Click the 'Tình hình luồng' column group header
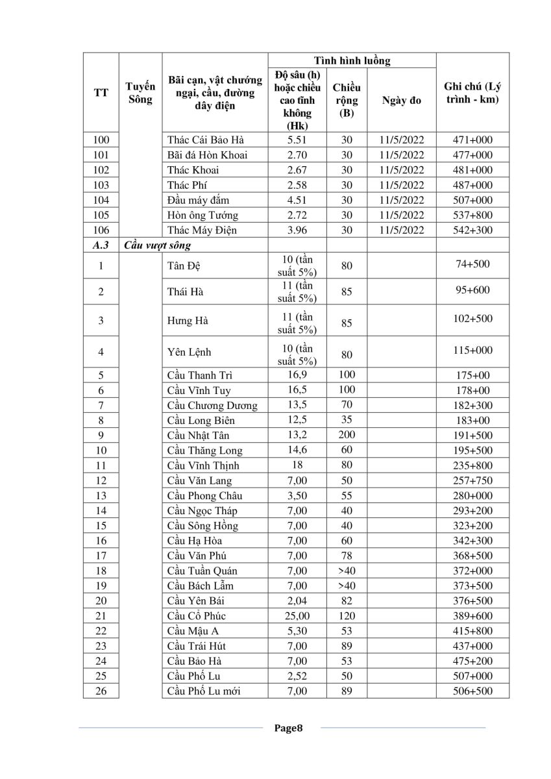(x=352, y=60)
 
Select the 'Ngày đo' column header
(x=401, y=100)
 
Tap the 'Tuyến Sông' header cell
(x=140, y=93)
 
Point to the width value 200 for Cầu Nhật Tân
(x=347, y=435)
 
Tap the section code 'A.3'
(x=101, y=245)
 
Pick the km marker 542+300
(x=472, y=230)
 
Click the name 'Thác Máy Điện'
(x=202, y=230)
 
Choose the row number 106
(x=101, y=230)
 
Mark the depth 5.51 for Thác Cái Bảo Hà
(x=296, y=140)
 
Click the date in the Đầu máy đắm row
(x=401, y=200)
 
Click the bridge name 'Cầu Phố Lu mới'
(x=204, y=691)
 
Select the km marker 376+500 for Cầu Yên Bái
(x=472, y=600)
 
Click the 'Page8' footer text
(x=288, y=728)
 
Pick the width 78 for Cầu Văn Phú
(x=347, y=556)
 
